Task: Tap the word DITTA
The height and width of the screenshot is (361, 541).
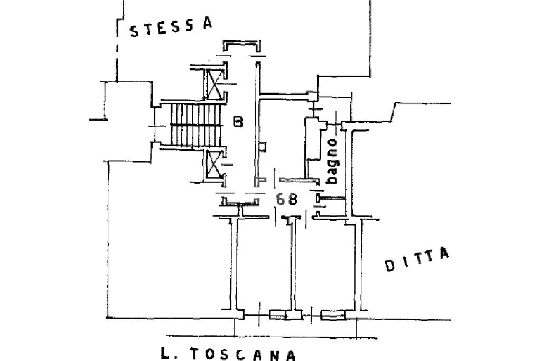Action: pyautogui.click(x=417, y=259)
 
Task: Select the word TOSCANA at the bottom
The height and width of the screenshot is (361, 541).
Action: pyautogui.click(x=244, y=354)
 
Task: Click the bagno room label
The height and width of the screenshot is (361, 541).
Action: pyautogui.click(x=331, y=161)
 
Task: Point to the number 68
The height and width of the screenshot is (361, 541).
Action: pyautogui.click(x=286, y=199)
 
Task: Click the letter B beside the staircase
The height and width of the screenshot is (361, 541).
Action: pyautogui.click(x=238, y=122)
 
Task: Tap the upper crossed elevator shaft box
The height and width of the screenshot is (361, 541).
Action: pyautogui.click(x=214, y=84)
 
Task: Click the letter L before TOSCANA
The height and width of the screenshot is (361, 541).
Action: pyautogui.click(x=165, y=353)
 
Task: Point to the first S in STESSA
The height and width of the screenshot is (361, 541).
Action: pyautogui.click(x=134, y=31)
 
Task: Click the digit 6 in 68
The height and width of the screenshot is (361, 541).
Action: pyautogui.click(x=281, y=199)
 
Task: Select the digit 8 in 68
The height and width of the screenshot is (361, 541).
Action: pyautogui.click(x=293, y=199)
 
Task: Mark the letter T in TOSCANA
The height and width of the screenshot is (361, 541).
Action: pyautogui.click(x=194, y=353)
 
